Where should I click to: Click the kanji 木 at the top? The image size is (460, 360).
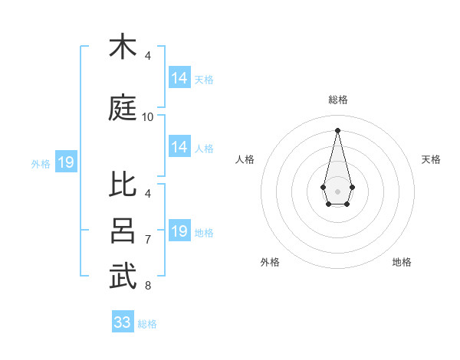pyautogui.click(x=123, y=47)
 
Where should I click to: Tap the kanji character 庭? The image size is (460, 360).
pyautogui.click(x=123, y=106)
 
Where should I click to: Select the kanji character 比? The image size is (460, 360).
pyautogui.click(x=123, y=185)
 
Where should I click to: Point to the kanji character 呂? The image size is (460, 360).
pyautogui.click(x=123, y=231)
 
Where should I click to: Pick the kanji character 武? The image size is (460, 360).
pyautogui.click(x=123, y=276)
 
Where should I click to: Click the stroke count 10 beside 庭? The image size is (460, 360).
pyautogui.click(x=148, y=116)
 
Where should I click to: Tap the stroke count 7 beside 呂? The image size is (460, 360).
pyautogui.click(x=148, y=240)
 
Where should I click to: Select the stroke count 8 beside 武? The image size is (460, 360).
pyautogui.click(x=148, y=286)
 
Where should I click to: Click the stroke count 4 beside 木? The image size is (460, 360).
pyautogui.click(x=148, y=56)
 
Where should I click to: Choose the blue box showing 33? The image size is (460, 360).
pyautogui.click(x=123, y=322)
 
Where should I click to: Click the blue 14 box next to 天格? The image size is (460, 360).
pyautogui.click(x=179, y=77)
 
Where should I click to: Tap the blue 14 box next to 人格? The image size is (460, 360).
pyautogui.click(x=179, y=147)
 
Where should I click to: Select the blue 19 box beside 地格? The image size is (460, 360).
pyautogui.click(x=179, y=231)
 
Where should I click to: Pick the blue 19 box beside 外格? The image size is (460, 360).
pyautogui.click(x=65, y=162)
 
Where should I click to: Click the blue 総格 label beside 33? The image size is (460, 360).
pyautogui.click(x=147, y=324)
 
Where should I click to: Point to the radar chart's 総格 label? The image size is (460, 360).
pyautogui.click(x=337, y=100)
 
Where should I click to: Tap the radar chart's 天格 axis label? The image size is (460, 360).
pyautogui.click(x=431, y=159)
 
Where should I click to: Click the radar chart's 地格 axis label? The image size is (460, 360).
pyautogui.click(x=402, y=262)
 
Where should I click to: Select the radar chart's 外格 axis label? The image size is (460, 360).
pyautogui.click(x=270, y=262)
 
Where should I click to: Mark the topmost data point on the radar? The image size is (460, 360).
pyautogui.click(x=337, y=129)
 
